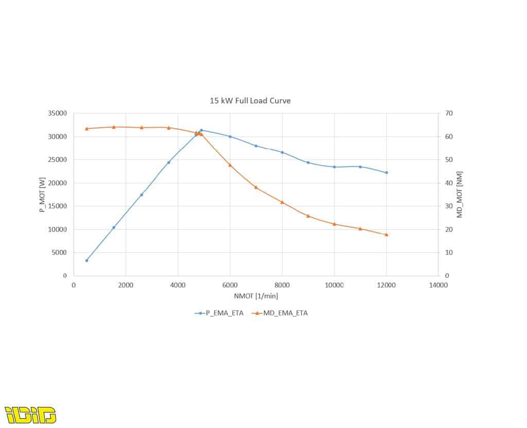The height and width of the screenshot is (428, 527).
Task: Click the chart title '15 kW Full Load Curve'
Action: [250, 101]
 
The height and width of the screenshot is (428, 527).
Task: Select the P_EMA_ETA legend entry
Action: [219, 313]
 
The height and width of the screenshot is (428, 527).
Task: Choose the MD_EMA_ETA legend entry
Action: [279, 313]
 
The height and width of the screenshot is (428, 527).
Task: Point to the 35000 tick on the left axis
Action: [58, 113]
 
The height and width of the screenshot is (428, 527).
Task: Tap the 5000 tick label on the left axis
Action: [59, 252]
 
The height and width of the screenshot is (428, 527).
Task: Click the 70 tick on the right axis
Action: [449, 113]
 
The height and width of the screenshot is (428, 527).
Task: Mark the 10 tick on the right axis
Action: [449, 252]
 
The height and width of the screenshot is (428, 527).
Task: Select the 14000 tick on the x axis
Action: [438, 285]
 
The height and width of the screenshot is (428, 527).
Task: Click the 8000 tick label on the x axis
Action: [282, 285]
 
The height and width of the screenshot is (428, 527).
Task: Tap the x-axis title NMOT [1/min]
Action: [256, 296]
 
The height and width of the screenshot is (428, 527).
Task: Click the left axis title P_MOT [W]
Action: [42, 195]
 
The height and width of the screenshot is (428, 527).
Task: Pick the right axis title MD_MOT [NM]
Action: [460, 194]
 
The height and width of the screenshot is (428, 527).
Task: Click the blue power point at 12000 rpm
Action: [387, 173]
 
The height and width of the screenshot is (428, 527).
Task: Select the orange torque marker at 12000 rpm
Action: [387, 235]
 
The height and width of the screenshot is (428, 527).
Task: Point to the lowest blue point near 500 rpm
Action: [86, 260]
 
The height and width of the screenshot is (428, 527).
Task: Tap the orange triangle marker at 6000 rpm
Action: [230, 165]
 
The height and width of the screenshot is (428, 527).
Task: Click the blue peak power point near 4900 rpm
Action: [201, 130]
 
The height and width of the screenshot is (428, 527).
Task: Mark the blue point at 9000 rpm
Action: [308, 163]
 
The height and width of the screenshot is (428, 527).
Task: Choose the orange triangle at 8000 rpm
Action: [283, 202]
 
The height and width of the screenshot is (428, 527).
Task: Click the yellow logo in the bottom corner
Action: [30, 415]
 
